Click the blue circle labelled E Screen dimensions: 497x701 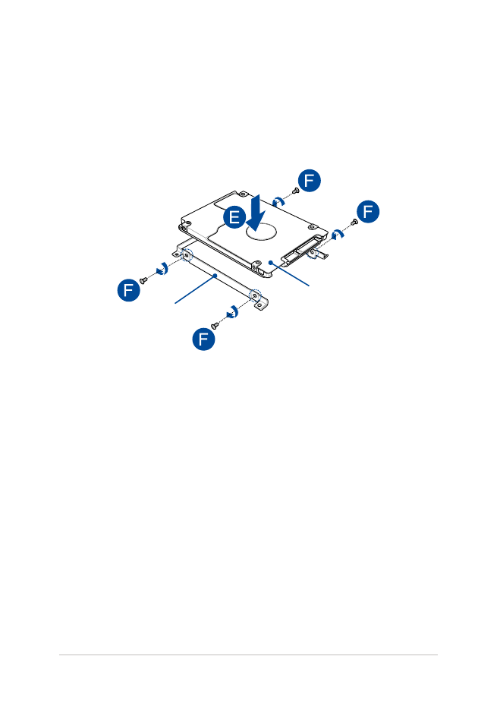[234, 217]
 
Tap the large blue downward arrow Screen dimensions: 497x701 [256, 213]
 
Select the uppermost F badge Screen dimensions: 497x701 [310, 181]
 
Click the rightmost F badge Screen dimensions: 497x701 [368, 211]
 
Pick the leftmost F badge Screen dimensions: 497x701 [128, 289]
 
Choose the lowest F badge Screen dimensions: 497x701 [203, 339]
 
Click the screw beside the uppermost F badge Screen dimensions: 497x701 [295, 191]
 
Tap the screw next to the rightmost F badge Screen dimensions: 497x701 [354, 221]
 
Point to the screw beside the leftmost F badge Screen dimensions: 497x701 [143, 280]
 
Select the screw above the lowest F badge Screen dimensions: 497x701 [215, 325]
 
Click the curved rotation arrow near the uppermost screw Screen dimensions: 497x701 [278, 201]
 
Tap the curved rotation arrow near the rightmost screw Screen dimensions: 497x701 [338, 233]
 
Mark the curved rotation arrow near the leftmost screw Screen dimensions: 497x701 [162, 269]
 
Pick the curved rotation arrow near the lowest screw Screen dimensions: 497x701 [233, 311]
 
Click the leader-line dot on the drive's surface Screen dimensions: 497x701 [271, 263]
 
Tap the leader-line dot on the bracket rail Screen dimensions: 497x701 [215, 276]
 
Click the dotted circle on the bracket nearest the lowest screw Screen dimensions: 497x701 [255, 295]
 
